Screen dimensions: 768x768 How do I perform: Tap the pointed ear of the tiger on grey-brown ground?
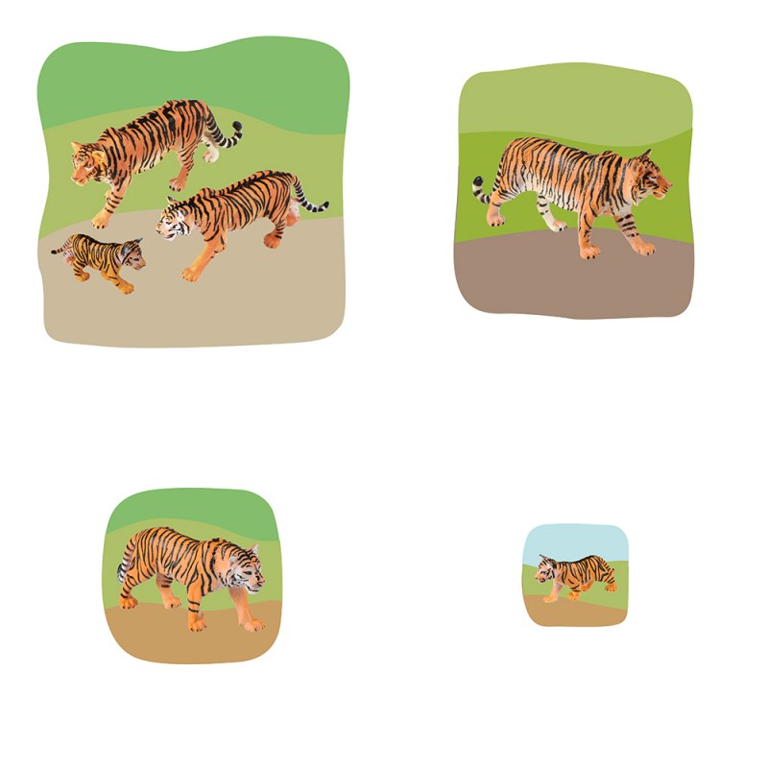tap(646, 155)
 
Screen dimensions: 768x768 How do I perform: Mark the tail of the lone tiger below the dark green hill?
tap(123, 571)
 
